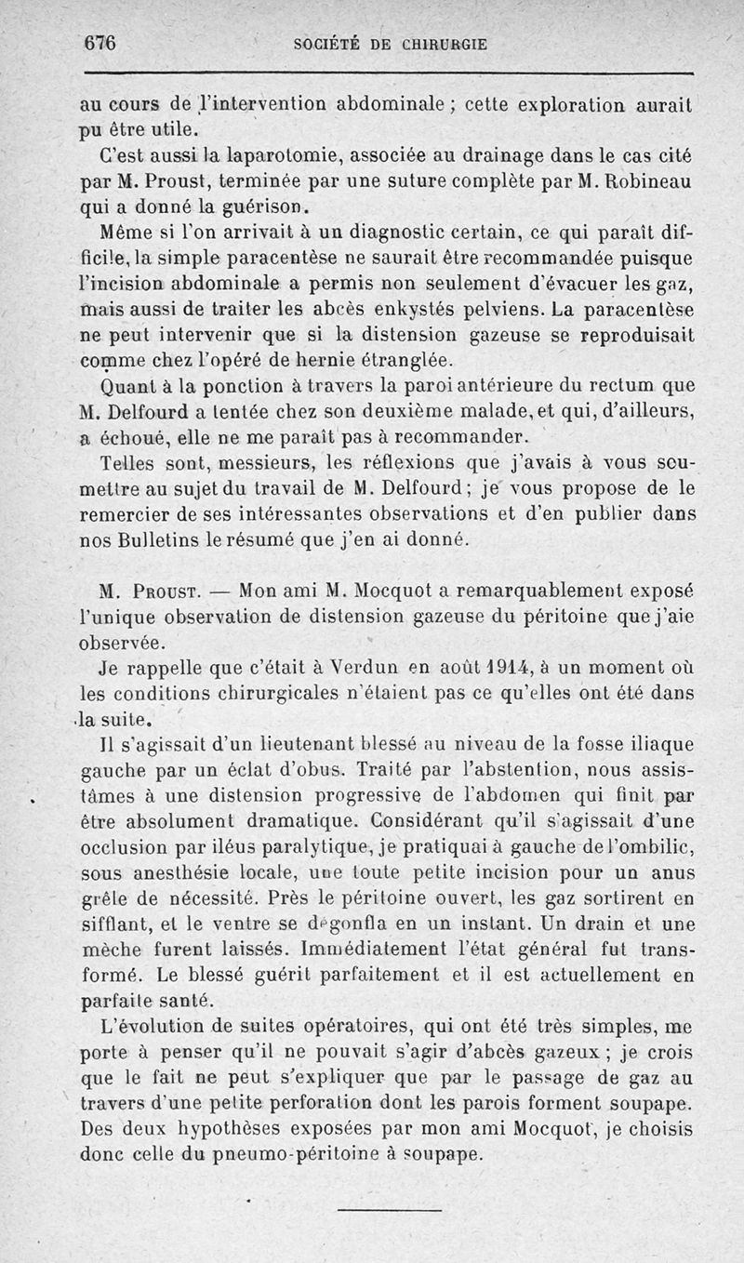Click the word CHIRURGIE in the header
[x=445, y=43]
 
